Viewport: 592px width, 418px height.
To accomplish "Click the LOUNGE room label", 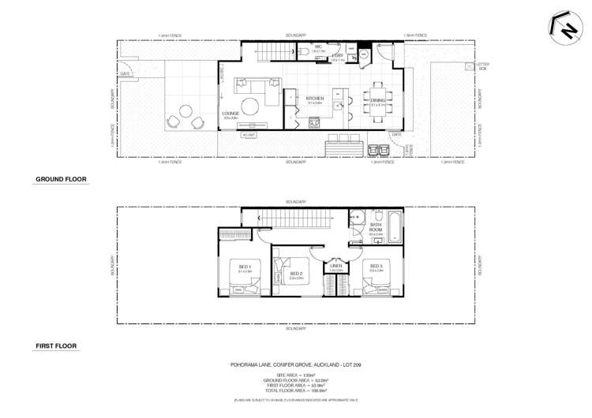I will click(230, 114).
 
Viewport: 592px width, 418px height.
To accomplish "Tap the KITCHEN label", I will click(314, 99).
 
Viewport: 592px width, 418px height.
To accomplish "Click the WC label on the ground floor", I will click(319, 47).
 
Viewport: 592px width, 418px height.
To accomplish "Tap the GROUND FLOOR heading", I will click(61, 179).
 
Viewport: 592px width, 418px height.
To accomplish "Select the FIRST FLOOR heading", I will click(56, 346).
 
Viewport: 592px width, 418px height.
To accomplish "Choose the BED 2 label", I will click(296, 274).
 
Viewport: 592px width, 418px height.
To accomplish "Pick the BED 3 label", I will click(376, 266).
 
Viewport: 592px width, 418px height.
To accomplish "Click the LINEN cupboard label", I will click(337, 266).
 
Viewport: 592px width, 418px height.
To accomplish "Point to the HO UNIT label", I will click(251, 134).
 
